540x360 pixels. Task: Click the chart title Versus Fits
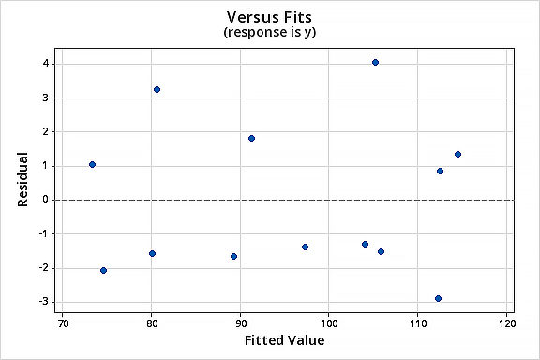271,17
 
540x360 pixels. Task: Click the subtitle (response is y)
271,33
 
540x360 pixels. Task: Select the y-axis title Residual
22,182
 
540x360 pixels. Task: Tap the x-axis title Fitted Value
284,340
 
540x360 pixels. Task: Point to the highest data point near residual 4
375,62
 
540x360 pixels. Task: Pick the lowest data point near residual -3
438,298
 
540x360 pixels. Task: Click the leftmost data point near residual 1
92,164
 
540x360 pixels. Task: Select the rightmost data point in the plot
457,154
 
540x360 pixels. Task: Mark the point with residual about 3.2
157,89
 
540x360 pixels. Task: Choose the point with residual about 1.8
251,138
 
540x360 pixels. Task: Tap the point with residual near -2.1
103,270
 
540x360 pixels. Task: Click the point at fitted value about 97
305,247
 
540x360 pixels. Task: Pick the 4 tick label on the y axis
45,63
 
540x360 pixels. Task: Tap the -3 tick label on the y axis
43,302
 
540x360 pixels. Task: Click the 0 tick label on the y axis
45,200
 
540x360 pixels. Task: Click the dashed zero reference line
281,200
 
